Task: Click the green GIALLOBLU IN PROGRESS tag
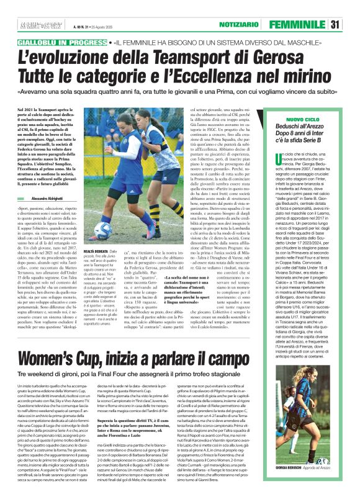[60, 43]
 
